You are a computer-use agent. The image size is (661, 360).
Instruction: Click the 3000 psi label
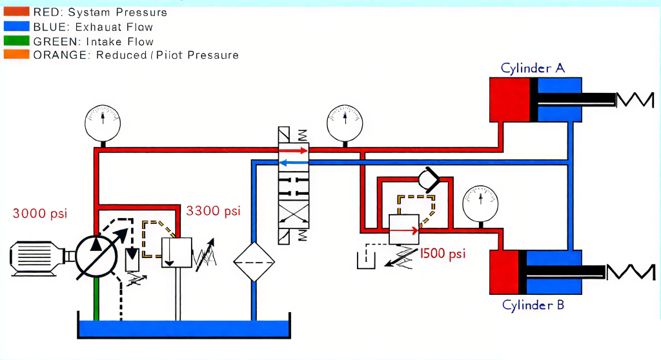coord(39,214)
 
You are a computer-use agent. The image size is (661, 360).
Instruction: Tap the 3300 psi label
coord(213,211)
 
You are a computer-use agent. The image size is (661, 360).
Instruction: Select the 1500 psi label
coord(443,254)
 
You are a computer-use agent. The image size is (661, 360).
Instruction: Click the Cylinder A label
coord(533,68)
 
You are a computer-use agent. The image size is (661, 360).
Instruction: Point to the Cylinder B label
coord(533,305)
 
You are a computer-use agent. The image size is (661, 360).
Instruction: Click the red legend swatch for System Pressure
coord(16,12)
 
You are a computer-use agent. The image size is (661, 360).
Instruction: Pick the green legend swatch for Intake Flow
coord(16,41)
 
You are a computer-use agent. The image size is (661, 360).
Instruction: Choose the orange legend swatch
coord(16,54)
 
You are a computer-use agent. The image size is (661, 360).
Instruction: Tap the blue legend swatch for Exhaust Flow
coord(16,26)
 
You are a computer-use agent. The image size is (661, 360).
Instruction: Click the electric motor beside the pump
coord(37,259)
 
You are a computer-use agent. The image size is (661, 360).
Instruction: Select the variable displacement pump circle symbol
coord(96,256)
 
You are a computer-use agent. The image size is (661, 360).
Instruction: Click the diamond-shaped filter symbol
coord(254,262)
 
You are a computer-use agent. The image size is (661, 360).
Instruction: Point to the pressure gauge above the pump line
coord(103,123)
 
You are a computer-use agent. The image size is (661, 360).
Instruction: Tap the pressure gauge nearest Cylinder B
coord(480,204)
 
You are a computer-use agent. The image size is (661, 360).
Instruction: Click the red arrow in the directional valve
coord(293,150)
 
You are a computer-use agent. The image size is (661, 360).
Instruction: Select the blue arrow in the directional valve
coord(294,163)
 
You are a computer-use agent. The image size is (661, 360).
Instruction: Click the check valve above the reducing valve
coord(429,180)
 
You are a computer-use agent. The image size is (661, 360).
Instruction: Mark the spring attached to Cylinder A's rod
coord(635,100)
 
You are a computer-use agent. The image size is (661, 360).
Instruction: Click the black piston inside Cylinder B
coord(522,272)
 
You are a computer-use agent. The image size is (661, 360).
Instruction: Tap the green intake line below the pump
coord(96,299)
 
